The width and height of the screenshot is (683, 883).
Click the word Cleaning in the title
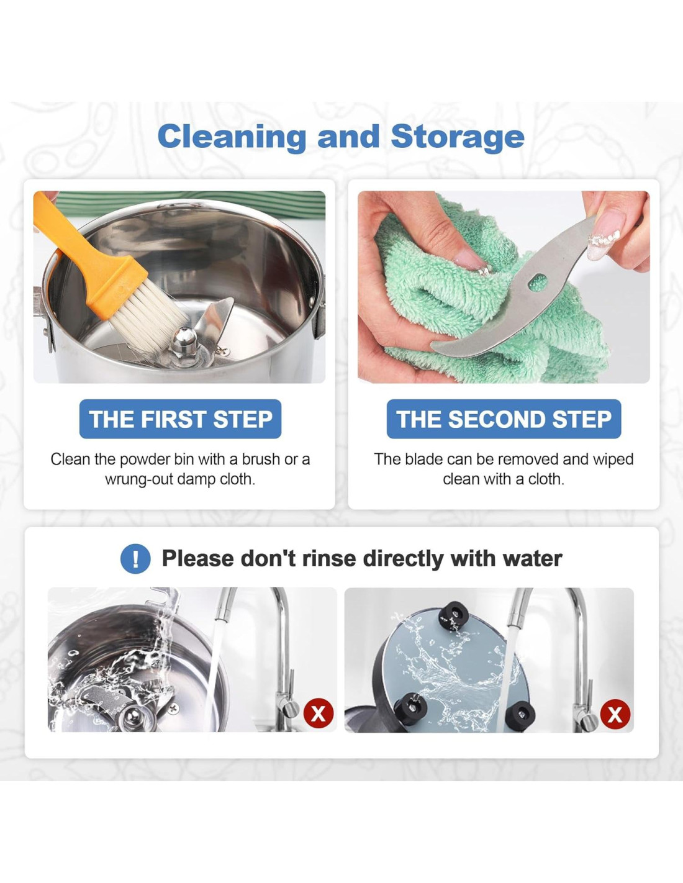pyautogui.click(x=232, y=137)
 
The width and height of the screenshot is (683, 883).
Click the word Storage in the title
pyautogui.click(x=458, y=137)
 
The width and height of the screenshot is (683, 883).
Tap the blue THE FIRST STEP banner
pyautogui.click(x=181, y=419)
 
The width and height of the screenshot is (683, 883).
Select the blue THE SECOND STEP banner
pyautogui.click(x=504, y=419)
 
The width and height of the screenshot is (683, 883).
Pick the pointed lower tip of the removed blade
pyautogui.click(x=433, y=346)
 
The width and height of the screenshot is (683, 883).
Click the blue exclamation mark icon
pyautogui.click(x=136, y=559)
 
